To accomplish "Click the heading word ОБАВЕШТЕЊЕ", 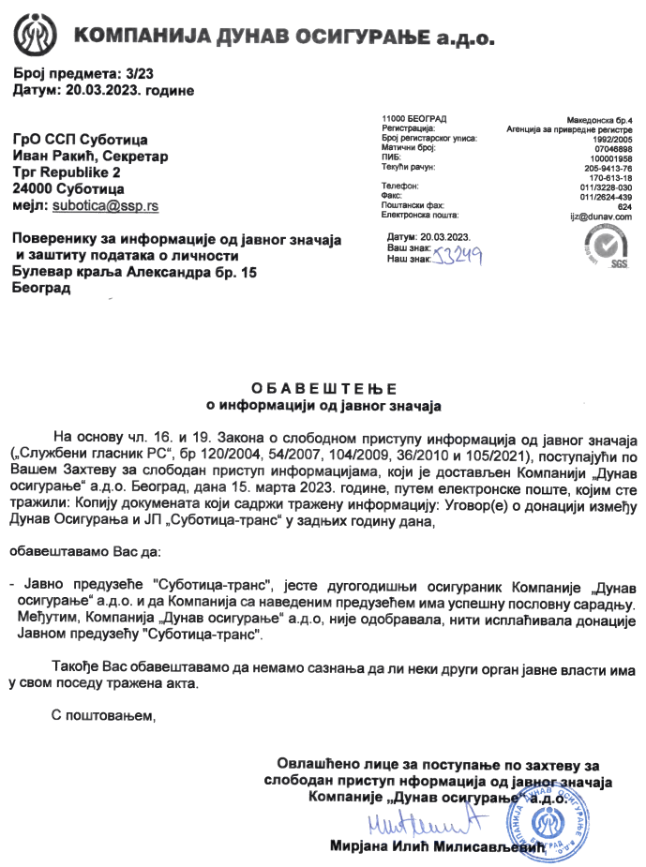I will coord(323,388).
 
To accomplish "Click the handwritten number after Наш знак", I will coord(458,255).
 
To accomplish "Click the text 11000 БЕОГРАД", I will coord(414,119).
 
